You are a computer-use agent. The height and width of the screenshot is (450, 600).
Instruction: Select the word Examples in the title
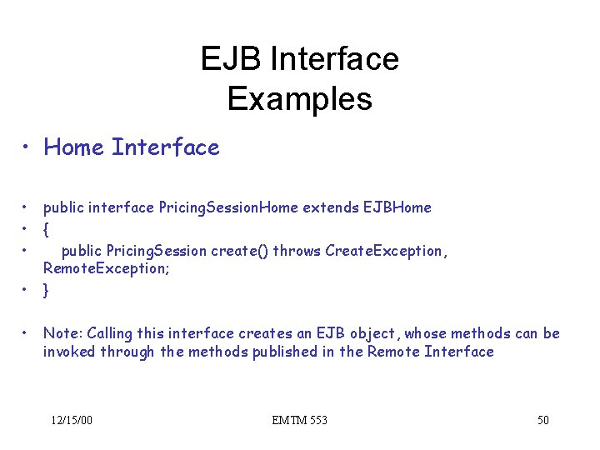coord(299,99)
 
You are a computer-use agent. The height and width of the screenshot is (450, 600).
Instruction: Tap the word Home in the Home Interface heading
coord(74,147)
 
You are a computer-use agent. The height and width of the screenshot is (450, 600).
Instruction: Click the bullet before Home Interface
coord(28,148)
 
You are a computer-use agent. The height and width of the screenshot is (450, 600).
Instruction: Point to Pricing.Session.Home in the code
coord(227,207)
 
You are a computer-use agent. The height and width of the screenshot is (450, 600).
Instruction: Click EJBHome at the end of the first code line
coord(397,207)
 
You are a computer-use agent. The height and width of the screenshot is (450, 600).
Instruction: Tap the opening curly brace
coord(47,228)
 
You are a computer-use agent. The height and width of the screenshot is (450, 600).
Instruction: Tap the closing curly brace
coord(47,290)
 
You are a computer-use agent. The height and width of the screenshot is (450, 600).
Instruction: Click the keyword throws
coord(297,251)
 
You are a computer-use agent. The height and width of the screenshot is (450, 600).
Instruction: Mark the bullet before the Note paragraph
coord(28,333)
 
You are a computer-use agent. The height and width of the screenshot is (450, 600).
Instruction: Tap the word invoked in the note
coord(69,352)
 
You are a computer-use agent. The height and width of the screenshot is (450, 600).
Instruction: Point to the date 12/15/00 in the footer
coord(71,420)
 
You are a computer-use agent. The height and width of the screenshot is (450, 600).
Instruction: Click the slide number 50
coord(542,420)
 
